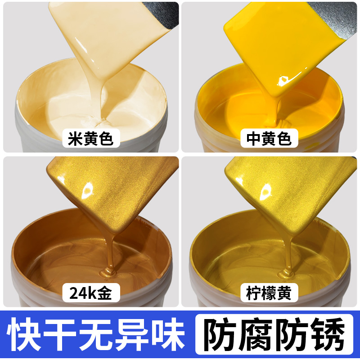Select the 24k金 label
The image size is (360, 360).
(88, 293)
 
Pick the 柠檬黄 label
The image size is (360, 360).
(269, 293)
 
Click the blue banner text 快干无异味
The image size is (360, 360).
(97, 335)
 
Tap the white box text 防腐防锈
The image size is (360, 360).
(276, 335)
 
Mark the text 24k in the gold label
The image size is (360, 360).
(80, 293)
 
